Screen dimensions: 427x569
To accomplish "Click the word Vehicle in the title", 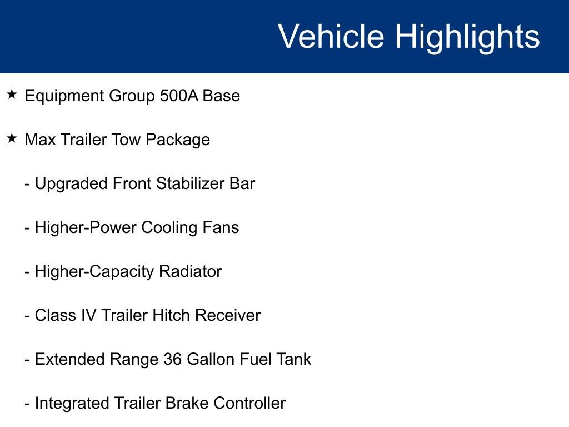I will (x=331, y=37).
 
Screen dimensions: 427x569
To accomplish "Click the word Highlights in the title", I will (x=467, y=37).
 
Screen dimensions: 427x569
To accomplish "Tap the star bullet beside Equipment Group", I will (x=12, y=95).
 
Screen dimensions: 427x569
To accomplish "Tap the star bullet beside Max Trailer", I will (x=12, y=138).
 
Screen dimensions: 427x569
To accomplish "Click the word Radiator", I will (x=190, y=271).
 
